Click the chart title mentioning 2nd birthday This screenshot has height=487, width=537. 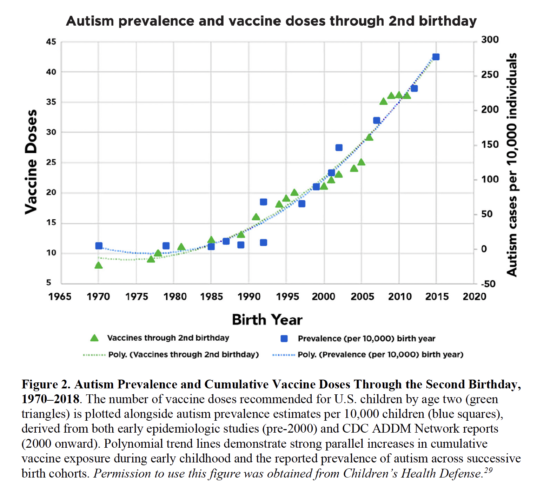tap(271, 21)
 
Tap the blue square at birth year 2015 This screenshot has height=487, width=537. tap(436, 57)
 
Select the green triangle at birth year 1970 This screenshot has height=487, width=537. tap(99, 265)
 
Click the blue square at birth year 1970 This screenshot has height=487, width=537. tap(99, 246)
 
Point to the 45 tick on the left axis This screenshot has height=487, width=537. tap(51, 42)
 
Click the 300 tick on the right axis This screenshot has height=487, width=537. tap(490, 40)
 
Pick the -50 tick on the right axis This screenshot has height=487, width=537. tap(488, 284)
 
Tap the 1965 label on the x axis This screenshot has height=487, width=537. tap(60, 297)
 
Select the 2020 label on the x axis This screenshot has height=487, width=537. tap(475, 297)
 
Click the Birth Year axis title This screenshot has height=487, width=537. tap(267, 320)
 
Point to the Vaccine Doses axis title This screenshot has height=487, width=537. tap(31, 161)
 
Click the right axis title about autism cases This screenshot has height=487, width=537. tap(512, 165)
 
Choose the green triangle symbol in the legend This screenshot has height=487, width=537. tap(94, 338)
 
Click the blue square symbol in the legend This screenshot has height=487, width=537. tap(284, 339)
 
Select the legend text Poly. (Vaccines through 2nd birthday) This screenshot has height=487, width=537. tap(183, 355)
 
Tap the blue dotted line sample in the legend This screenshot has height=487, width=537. tap(284, 355)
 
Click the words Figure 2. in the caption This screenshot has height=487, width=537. tap(46, 385)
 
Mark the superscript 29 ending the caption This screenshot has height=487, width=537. tap(489, 470)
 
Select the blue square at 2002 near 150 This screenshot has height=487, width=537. tap(339, 148)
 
